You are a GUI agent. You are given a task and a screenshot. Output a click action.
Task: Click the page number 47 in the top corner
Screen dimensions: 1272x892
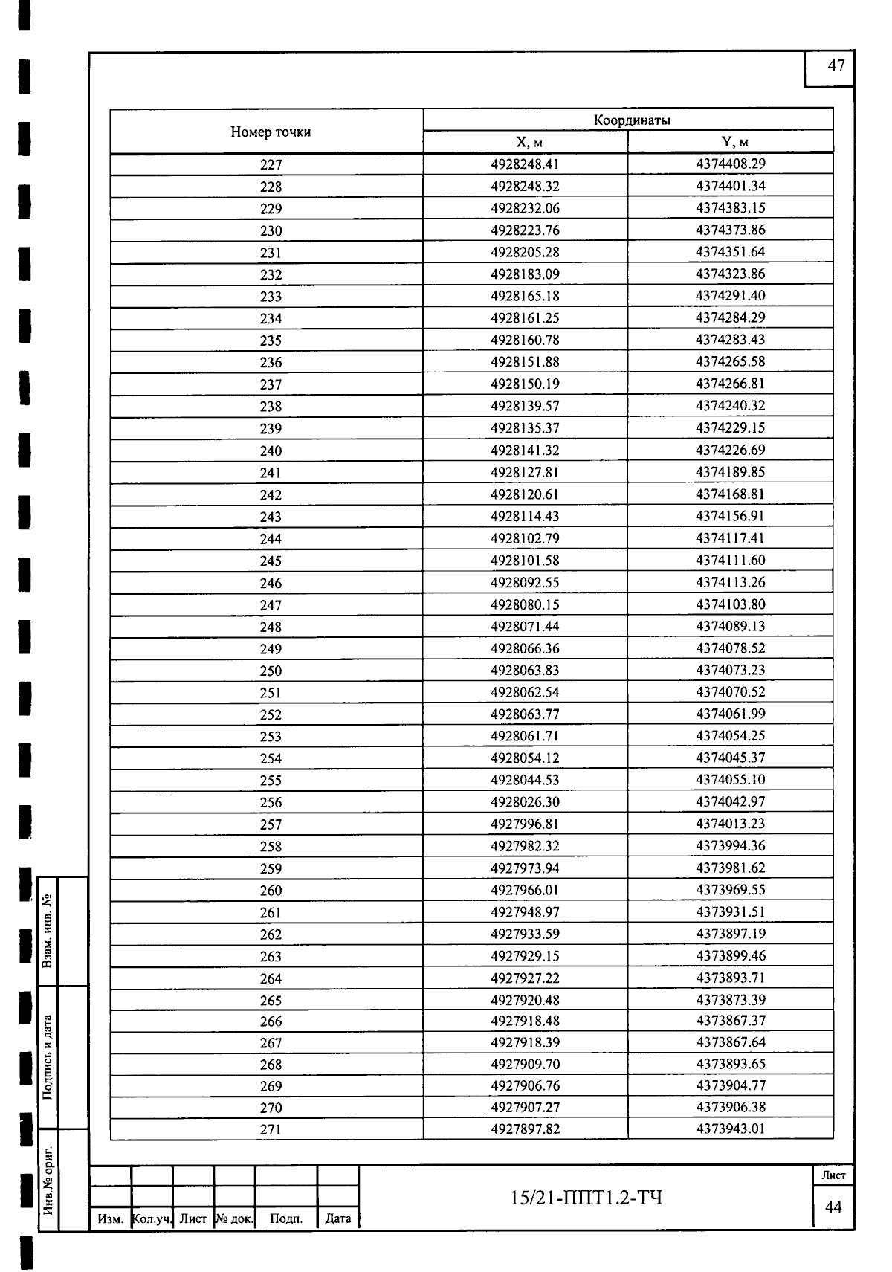click(x=836, y=66)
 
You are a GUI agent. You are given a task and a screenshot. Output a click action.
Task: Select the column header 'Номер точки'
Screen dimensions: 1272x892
click(x=271, y=132)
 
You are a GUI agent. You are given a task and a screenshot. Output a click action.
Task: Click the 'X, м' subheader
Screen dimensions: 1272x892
click(x=525, y=143)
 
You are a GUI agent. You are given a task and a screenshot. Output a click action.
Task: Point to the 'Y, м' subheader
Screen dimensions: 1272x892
click(x=730, y=143)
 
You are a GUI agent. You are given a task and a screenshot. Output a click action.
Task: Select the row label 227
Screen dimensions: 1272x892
click(x=271, y=165)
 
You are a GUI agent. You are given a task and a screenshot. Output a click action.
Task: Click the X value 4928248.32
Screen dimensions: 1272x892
click(x=525, y=186)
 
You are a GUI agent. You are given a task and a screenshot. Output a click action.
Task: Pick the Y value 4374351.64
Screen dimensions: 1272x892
click(x=730, y=252)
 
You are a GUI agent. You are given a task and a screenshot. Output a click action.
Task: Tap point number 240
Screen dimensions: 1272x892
click(x=271, y=451)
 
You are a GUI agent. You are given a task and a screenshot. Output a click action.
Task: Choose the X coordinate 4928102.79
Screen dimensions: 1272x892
click(x=525, y=538)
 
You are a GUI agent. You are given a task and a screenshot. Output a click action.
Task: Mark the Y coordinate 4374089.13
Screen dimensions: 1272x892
click(x=730, y=626)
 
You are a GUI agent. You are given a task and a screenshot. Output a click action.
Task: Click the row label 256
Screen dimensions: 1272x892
click(x=271, y=802)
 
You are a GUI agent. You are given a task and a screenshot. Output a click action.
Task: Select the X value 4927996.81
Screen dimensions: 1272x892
click(x=525, y=824)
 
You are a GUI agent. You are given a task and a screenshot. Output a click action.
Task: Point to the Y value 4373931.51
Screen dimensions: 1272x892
click(x=730, y=911)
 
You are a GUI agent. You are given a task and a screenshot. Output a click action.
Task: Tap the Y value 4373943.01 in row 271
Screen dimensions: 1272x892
click(x=730, y=1129)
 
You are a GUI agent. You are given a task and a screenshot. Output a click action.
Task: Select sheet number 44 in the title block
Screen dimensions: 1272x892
click(x=833, y=1207)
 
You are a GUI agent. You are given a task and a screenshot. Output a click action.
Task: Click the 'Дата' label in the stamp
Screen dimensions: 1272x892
click(x=338, y=1218)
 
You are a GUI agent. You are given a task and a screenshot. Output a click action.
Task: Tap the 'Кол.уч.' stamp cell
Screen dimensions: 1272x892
click(x=152, y=1219)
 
